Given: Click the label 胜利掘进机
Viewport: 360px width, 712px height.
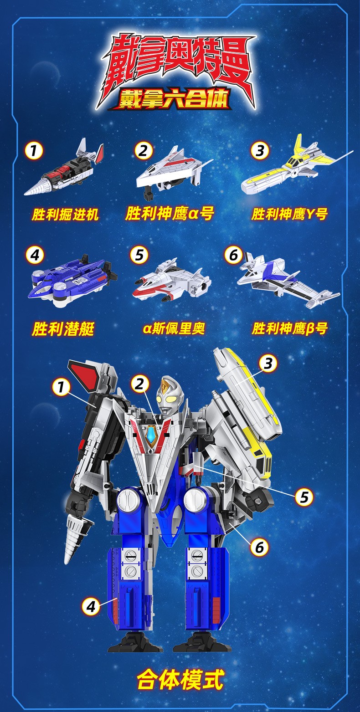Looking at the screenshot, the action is [65, 215].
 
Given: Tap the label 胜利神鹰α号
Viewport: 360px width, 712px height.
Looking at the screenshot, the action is [170, 213].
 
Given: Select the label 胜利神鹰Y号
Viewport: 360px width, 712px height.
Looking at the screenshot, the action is [289, 214].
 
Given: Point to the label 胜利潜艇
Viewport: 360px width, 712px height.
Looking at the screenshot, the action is [63, 328].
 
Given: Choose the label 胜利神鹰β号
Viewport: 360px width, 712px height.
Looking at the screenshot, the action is [289, 328].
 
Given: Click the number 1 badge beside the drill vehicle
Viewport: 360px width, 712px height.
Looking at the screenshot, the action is [34, 151].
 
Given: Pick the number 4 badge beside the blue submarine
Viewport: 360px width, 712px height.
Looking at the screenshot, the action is [35, 255].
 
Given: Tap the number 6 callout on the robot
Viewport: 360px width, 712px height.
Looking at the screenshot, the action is [259, 547].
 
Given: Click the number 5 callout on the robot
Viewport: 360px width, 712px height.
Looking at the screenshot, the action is [304, 497].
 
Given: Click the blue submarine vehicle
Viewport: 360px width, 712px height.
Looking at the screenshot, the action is [72, 280].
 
